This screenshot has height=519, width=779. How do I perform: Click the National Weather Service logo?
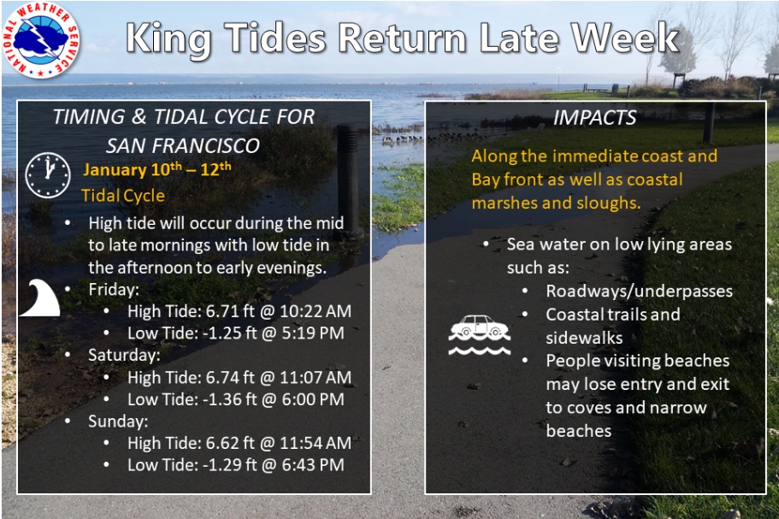pyautogui.click(x=41, y=39)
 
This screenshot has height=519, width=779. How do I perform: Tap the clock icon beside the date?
pyautogui.click(x=48, y=174)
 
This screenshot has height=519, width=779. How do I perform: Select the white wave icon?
pyautogui.click(x=39, y=298)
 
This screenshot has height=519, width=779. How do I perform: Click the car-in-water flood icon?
pyautogui.click(x=480, y=335)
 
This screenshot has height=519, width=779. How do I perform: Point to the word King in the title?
pyautogui.click(x=169, y=39)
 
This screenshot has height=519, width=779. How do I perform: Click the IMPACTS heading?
pyautogui.click(x=594, y=118)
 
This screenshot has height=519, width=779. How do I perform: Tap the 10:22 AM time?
pyautogui.click(x=316, y=311)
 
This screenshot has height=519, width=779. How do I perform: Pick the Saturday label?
pyautogui.click(x=124, y=355)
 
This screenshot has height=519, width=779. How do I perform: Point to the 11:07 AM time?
pyautogui.click(x=316, y=377)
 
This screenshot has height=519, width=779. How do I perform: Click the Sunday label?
pyautogui.click(x=118, y=422)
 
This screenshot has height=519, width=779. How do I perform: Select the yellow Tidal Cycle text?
pyautogui.click(x=123, y=196)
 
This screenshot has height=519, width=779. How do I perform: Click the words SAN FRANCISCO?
pyautogui.click(x=183, y=146)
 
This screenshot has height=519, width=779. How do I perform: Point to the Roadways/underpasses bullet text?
pyautogui.click(x=640, y=291)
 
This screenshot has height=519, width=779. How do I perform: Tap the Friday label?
pyautogui.click(x=114, y=290)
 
